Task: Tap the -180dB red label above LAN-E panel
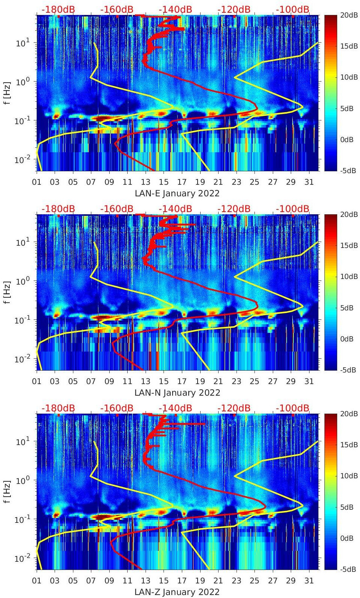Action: [x=58, y=9]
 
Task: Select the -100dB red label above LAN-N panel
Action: [x=293, y=209]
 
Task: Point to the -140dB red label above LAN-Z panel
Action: [x=175, y=408]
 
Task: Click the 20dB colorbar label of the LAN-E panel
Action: [x=348, y=15]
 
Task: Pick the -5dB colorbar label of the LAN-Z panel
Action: [x=348, y=569]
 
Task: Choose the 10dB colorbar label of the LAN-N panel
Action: [x=348, y=277]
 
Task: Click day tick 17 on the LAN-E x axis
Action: [x=182, y=182]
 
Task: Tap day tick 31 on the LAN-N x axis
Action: [x=309, y=381]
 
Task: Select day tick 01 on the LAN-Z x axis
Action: [x=37, y=581]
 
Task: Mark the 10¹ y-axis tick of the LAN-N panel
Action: [x=21, y=242]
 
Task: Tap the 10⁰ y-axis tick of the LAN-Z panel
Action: [x=21, y=480]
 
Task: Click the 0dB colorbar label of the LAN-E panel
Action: [x=348, y=139]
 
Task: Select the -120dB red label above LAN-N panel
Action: [x=234, y=209]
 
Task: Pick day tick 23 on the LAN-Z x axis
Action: [x=236, y=581]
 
